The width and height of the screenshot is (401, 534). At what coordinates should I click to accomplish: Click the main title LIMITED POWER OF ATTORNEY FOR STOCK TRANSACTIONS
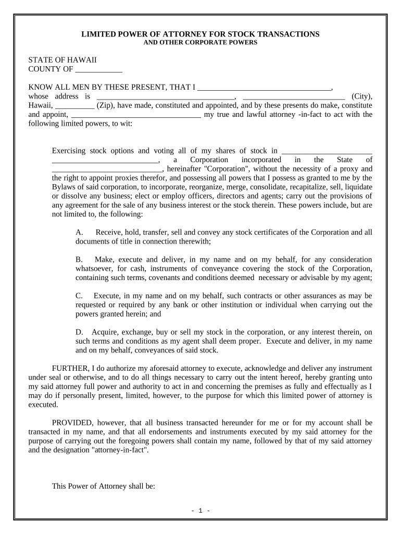click(200, 34)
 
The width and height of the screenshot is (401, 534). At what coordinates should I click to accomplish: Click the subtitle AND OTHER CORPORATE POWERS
click(200, 43)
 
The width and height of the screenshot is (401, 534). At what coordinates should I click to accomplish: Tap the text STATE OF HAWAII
click(62, 60)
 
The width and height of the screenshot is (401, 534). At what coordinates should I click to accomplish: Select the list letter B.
click(79, 259)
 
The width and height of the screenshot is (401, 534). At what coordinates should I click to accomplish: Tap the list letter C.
click(79, 296)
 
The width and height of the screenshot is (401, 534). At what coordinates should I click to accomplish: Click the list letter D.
click(79, 332)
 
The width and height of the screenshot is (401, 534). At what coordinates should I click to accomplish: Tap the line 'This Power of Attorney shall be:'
click(104, 487)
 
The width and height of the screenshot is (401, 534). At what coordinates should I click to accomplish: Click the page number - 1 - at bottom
click(200, 511)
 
